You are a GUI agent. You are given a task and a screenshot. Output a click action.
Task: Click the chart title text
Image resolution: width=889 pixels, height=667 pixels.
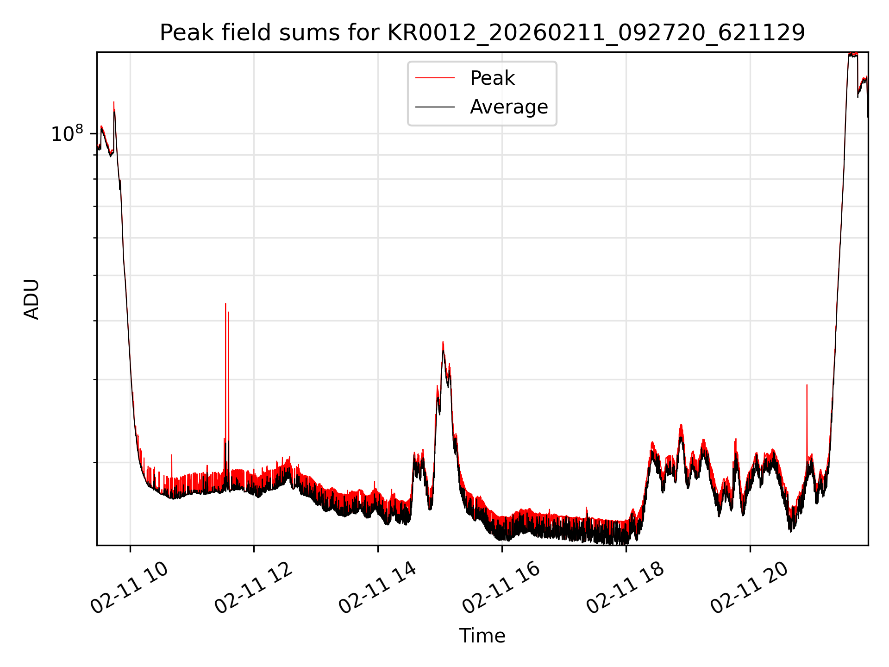tap(482, 33)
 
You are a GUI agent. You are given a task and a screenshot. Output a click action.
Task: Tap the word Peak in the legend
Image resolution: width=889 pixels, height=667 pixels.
tap(492, 78)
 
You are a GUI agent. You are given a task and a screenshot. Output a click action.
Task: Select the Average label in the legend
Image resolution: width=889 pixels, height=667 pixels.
tap(508, 107)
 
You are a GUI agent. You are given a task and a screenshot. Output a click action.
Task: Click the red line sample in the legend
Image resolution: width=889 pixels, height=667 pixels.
tap(435, 78)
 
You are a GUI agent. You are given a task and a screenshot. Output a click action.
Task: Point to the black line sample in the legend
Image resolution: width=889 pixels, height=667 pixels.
tap(435, 107)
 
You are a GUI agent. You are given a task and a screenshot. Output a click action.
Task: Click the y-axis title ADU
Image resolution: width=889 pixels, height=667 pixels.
tap(31, 299)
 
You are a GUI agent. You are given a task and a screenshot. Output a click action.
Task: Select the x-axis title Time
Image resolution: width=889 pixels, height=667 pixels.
tap(482, 636)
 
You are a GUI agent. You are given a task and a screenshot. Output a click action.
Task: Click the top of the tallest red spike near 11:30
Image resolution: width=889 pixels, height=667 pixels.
tap(225, 304)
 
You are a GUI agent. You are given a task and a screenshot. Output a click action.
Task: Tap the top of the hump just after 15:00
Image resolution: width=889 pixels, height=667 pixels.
tap(443, 342)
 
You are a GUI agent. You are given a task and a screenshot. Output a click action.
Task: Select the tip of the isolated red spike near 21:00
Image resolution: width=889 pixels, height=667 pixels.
tap(807, 385)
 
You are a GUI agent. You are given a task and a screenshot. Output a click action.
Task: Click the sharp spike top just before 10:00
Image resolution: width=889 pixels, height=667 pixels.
tap(114, 102)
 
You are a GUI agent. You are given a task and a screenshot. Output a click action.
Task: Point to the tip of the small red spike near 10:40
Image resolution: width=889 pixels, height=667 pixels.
tap(172, 455)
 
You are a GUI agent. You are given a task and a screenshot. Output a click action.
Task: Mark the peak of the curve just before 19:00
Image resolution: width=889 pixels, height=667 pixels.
tap(681, 425)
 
